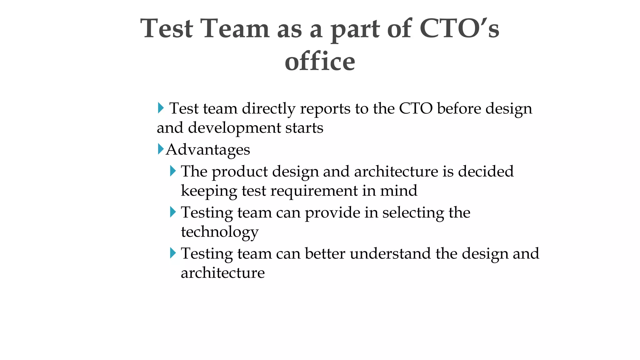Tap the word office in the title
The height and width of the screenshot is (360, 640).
click(320, 61)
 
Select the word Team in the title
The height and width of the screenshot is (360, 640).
click(235, 28)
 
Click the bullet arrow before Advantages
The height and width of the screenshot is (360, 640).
click(161, 149)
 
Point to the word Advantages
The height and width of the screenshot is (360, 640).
click(208, 150)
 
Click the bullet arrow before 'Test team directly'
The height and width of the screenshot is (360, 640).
click(161, 108)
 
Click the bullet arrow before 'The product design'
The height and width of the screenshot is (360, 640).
click(173, 171)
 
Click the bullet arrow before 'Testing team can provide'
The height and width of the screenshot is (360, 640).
click(173, 212)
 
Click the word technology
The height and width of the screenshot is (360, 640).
click(220, 232)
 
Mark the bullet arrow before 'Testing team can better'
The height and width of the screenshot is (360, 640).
click(173, 253)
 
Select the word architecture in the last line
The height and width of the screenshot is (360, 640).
click(222, 272)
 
